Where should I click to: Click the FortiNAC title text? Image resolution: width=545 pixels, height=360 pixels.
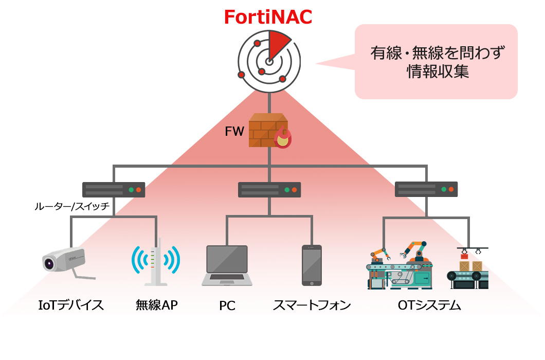point(268,16)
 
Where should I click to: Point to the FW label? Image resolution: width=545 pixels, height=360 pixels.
point(234,131)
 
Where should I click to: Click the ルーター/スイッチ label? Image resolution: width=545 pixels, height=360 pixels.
point(72,207)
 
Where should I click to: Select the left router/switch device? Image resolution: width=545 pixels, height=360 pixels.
point(114,189)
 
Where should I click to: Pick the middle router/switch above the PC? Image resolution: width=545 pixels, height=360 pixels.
point(269,189)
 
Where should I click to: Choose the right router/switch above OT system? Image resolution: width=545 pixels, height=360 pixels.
point(426,189)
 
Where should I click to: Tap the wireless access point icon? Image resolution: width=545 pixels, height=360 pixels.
point(156,262)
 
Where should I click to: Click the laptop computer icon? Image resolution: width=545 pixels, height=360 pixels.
point(227,265)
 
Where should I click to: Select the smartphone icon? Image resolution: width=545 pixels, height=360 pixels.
point(312,265)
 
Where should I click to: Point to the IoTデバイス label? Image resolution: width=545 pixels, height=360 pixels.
point(71,305)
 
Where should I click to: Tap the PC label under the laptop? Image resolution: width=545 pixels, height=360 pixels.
point(227,305)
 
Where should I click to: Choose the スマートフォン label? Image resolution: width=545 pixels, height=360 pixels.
point(312,305)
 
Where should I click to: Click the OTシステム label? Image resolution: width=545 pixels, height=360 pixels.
point(429,305)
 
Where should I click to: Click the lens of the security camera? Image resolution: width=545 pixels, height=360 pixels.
point(49,263)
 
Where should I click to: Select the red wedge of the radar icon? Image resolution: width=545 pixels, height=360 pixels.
point(277,44)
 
